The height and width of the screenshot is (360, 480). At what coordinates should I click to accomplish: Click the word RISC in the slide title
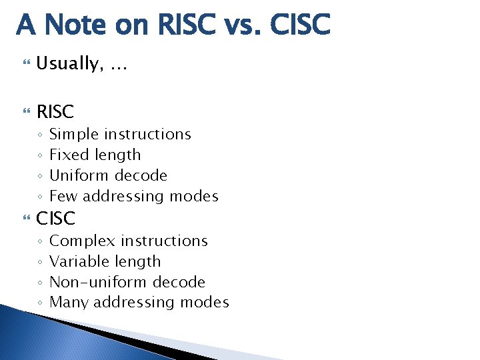[189, 25]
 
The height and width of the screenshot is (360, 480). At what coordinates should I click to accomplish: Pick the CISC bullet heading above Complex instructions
[56, 218]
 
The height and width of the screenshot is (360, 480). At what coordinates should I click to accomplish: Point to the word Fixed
[66, 155]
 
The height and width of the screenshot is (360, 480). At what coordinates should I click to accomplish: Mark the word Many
[69, 303]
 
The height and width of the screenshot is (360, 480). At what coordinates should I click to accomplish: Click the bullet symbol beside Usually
[27, 64]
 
